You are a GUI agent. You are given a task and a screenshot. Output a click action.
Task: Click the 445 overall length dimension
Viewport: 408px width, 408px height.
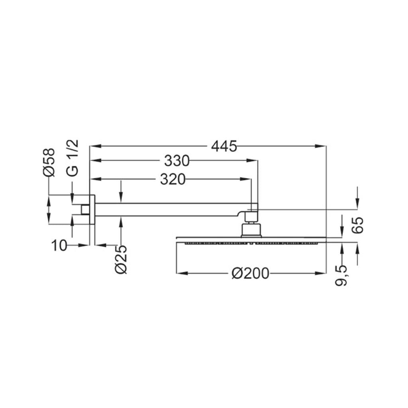[x=224, y=146]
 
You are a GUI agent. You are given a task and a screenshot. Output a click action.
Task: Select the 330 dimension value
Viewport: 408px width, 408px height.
[x=177, y=161]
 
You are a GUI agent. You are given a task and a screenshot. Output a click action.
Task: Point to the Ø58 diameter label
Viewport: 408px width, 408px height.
[x=49, y=163]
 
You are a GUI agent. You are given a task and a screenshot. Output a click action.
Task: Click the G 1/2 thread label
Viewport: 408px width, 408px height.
[x=73, y=158]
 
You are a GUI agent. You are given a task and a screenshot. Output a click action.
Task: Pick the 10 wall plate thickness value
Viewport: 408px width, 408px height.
[x=59, y=245]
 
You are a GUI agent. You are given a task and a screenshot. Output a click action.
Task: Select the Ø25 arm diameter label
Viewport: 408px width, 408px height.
[x=121, y=259]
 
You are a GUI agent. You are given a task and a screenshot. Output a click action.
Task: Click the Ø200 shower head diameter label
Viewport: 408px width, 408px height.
[x=250, y=273]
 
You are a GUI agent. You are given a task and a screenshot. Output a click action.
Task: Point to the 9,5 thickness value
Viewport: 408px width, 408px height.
[x=341, y=276]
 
